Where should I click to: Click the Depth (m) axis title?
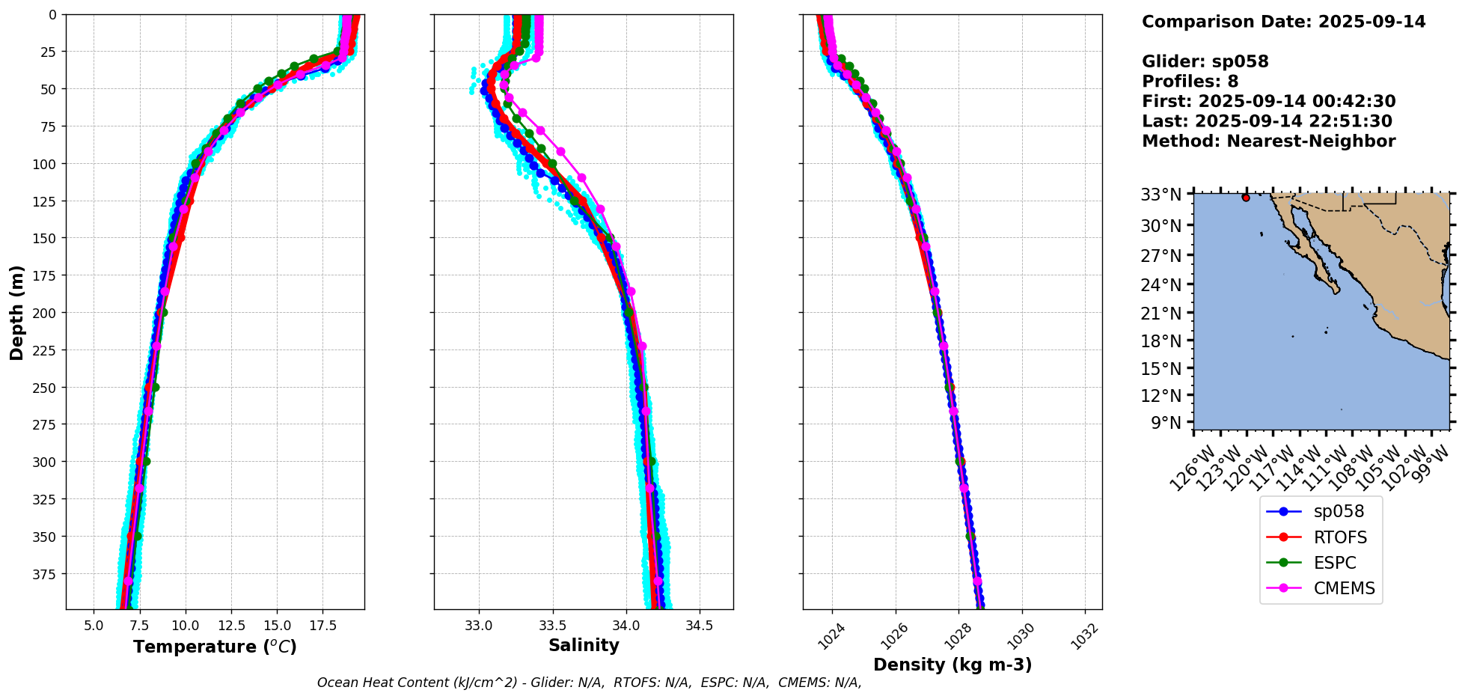16,312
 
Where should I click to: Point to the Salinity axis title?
584,645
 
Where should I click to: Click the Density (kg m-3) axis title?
952,665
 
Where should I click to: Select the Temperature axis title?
215,647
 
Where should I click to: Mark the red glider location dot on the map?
1246,198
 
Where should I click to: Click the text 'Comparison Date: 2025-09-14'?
1283,22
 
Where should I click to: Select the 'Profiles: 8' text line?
1190,82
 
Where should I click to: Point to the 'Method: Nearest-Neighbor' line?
1268,141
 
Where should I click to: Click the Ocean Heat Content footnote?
589,683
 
